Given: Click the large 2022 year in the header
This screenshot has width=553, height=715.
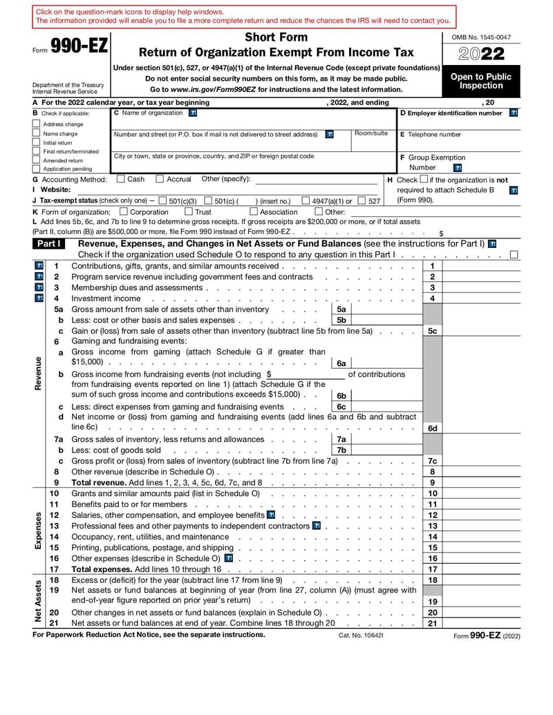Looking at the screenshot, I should (x=481, y=55).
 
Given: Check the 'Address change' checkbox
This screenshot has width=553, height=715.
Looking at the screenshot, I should (x=37, y=124).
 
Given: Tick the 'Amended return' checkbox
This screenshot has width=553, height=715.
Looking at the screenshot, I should (x=37, y=160).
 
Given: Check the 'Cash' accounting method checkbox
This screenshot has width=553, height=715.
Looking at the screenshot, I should (x=121, y=180).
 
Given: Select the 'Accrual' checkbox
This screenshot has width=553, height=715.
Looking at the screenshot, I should (x=160, y=180).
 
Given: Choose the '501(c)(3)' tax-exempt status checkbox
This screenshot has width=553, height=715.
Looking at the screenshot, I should (x=162, y=201).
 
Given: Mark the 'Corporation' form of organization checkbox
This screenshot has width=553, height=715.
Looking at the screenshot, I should (x=124, y=212).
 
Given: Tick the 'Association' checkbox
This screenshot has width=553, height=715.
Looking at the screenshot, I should (x=253, y=212).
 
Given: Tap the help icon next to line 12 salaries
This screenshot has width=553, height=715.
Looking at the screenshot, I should (x=270, y=515).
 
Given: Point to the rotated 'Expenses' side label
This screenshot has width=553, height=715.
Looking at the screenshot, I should (x=38, y=531).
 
